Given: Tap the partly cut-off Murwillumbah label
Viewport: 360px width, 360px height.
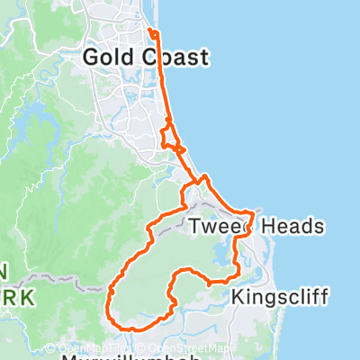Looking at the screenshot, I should (122, 356).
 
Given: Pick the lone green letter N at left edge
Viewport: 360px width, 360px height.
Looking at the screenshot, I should (4, 270).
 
